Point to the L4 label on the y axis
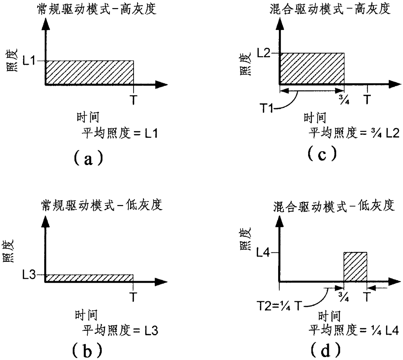(263, 252)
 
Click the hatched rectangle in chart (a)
(89, 72)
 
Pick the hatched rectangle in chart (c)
(312, 69)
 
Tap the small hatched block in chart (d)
(355, 266)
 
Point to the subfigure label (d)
(326, 350)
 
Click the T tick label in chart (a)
(133, 100)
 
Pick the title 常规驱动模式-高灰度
(97, 9)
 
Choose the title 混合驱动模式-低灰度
(334, 206)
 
